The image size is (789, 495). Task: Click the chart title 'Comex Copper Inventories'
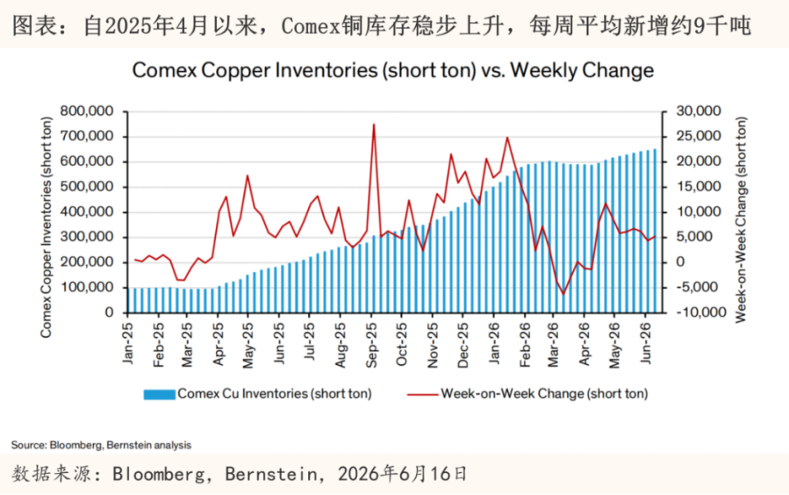[x=255, y=70]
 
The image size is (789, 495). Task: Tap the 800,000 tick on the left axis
[x=86, y=111]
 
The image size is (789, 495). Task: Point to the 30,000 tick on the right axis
[x=699, y=111]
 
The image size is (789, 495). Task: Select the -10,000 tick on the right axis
[x=701, y=312]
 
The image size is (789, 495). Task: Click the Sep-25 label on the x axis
[x=371, y=345]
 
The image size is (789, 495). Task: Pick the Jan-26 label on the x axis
[x=495, y=344]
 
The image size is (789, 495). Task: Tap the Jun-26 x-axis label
[x=646, y=344]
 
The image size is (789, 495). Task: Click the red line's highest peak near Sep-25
[x=374, y=124]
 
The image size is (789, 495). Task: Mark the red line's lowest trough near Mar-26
[x=563, y=294]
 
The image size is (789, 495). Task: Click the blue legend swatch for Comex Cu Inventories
[x=159, y=395]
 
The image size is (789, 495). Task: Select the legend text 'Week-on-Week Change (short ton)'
[x=544, y=394]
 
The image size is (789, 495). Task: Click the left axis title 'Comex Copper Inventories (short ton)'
[x=46, y=227]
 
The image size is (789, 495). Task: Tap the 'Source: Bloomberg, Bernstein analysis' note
[x=101, y=445]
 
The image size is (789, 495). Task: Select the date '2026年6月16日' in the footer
[x=403, y=474]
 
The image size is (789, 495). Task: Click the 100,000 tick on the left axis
[x=86, y=288]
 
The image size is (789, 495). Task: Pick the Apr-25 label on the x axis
[x=218, y=345]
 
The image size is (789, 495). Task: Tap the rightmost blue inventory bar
[x=655, y=230]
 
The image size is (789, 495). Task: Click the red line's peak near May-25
[x=247, y=175]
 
